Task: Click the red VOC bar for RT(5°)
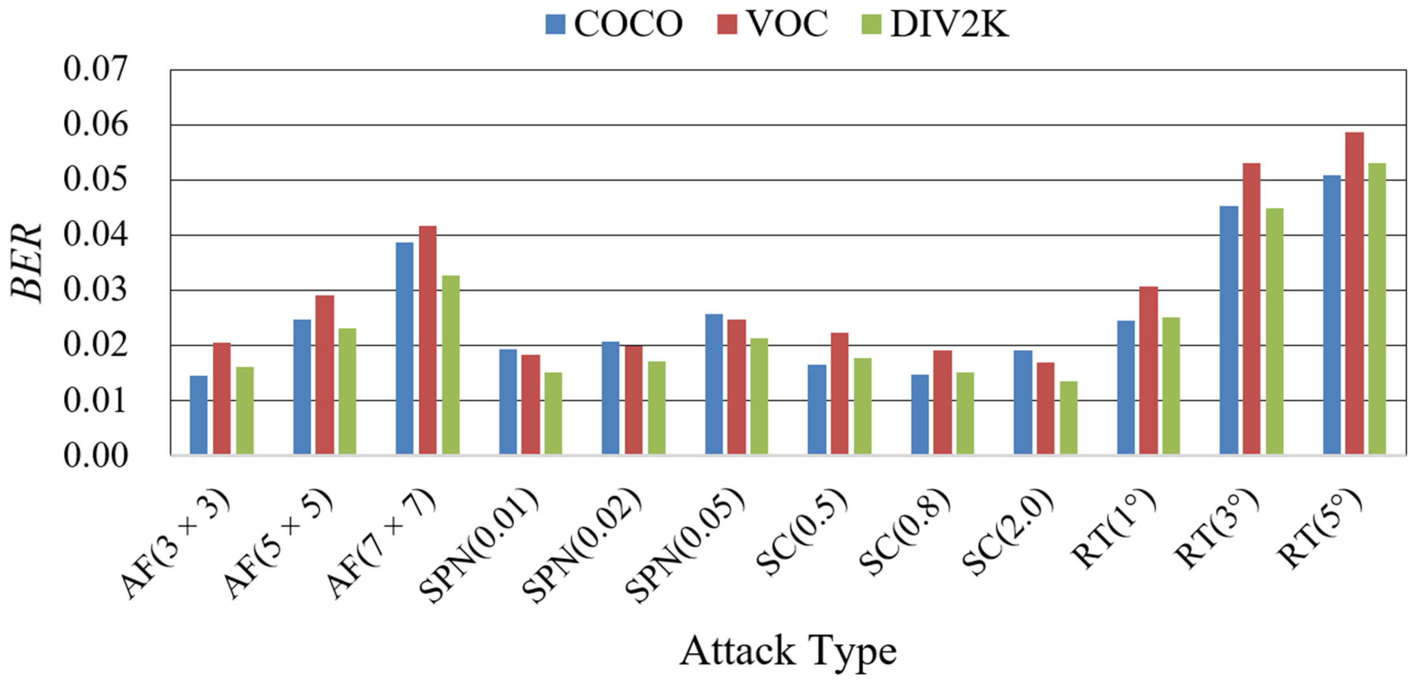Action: click(1354, 293)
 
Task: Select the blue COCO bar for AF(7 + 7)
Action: click(405, 349)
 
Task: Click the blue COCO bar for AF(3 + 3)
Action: click(199, 415)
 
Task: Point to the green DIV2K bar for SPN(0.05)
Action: click(759, 396)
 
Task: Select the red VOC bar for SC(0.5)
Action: click(839, 394)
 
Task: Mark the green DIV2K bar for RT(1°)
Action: click(1171, 386)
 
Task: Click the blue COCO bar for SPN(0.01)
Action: click(508, 402)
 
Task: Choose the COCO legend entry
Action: click(614, 24)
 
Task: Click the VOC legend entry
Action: click(772, 24)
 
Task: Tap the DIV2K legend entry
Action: click(935, 24)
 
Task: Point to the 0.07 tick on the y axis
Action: click(95, 70)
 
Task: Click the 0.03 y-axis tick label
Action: click(95, 290)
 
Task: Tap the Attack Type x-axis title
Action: click(788, 652)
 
